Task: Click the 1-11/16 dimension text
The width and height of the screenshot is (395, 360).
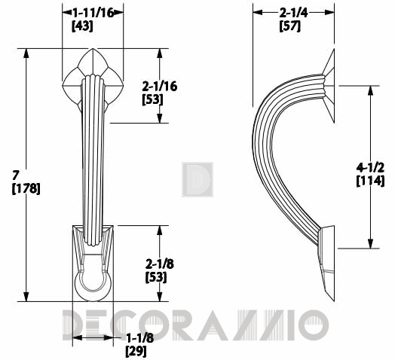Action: pos(93,13)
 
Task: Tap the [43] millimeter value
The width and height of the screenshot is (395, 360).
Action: pos(82,26)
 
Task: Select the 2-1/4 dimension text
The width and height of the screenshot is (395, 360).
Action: pos(293,13)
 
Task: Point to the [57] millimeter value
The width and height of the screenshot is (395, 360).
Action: pos(290,26)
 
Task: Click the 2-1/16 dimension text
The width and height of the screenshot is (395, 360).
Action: pos(160,87)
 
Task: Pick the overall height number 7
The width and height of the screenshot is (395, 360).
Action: pos(16,175)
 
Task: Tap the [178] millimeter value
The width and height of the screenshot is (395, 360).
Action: pos(26,188)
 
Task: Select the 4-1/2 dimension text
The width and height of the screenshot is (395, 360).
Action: pos(370,167)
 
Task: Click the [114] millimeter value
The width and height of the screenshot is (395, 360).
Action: pos(370,181)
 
